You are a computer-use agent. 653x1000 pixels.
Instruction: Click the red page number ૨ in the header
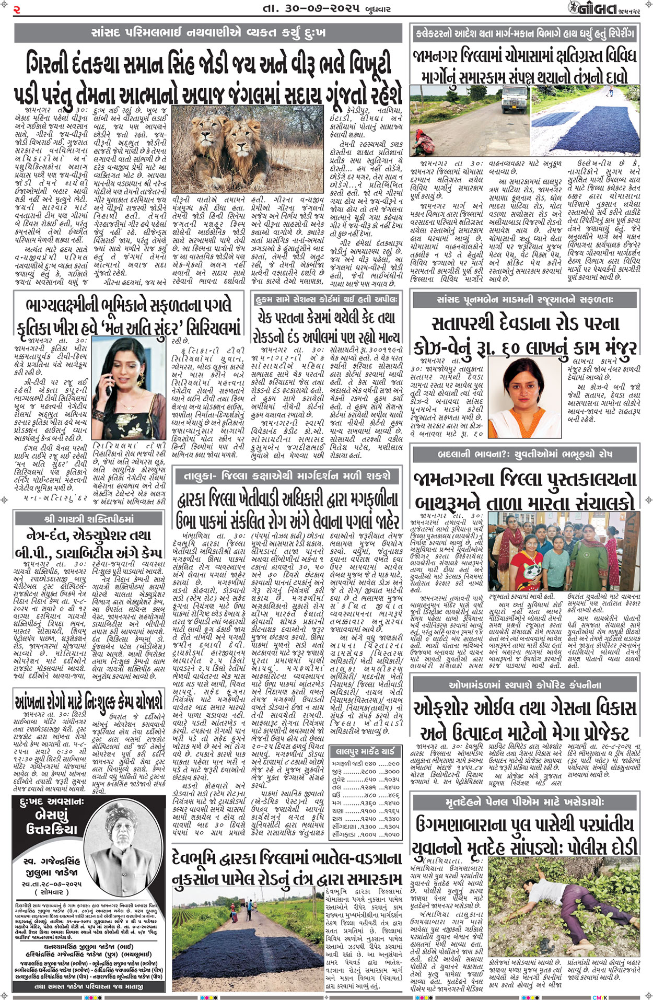(x=17, y=8)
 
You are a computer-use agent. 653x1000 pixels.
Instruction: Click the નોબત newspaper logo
(x=589, y=8)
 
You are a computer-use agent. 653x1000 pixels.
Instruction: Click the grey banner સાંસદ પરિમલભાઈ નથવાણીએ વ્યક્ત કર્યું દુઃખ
(x=208, y=33)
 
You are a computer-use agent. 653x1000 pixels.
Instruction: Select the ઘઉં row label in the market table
(x=337, y=795)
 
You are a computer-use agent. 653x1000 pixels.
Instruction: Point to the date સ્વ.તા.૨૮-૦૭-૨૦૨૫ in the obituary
(x=52, y=883)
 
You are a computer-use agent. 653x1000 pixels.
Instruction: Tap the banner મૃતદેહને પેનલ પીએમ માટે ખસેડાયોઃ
(x=525, y=801)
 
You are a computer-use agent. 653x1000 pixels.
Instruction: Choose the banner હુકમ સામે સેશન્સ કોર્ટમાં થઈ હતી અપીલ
(x=326, y=299)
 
